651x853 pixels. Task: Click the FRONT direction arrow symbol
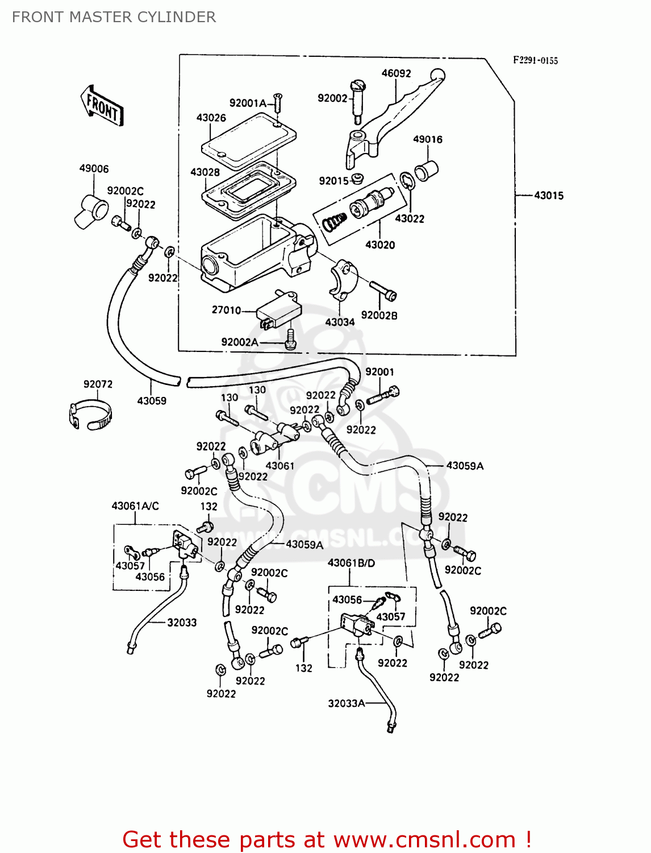pyautogui.click(x=102, y=106)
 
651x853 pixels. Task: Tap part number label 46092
pyautogui.click(x=396, y=73)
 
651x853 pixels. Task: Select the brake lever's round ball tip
pyautogui.click(x=437, y=74)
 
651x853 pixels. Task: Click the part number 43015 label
pyautogui.click(x=548, y=196)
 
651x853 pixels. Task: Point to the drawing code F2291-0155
pyautogui.click(x=535, y=60)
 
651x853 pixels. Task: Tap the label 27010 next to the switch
pyautogui.click(x=226, y=310)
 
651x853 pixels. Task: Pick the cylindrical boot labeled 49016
pyautogui.click(x=426, y=170)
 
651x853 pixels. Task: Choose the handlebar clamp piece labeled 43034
pyautogui.click(x=343, y=279)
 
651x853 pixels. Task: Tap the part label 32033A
pyautogui.click(x=346, y=703)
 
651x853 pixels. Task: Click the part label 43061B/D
pyautogui.click(x=351, y=563)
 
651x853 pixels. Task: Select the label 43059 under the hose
pyautogui.click(x=152, y=401)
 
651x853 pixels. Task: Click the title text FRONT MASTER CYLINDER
pyautogui.click(x=114, y=17)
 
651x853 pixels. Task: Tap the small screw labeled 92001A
pyautogui.click(x=277, y=103)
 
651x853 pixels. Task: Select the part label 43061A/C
pyautogui.click(x=135, y=506)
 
